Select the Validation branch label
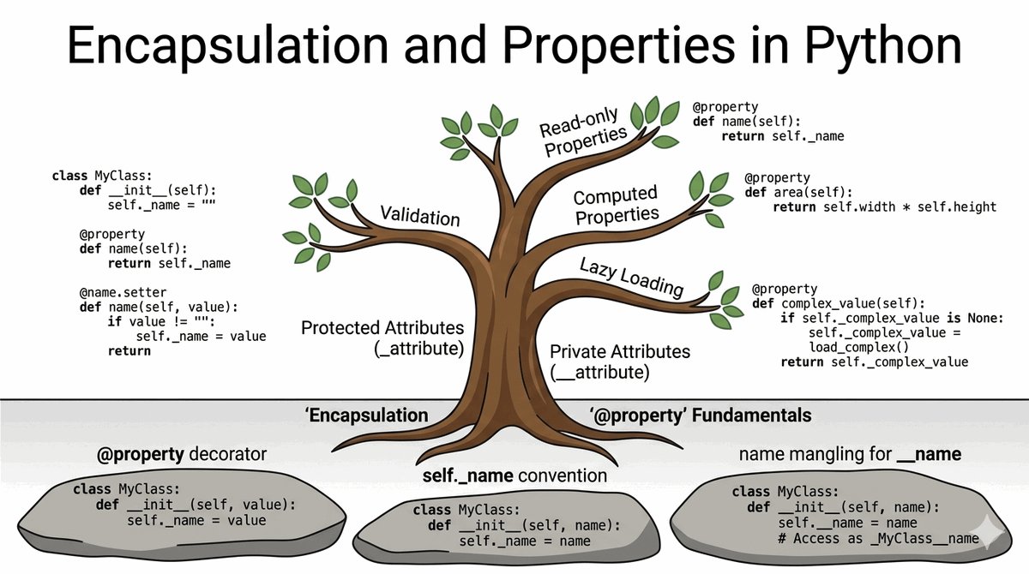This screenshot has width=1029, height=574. click(x=419, y=215)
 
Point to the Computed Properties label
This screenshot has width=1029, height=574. click(x=616, y=205)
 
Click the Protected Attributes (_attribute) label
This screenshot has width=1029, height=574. click(x=382, y=338)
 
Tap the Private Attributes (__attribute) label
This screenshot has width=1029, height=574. click(x=619, y=362)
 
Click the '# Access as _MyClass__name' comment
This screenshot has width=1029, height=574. click(x=878, y=538)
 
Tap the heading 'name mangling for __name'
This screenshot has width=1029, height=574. click(x=850, y=453)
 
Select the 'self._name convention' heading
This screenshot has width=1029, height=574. click(x=514, y=475)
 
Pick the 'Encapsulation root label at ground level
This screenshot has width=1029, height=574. click(x=366, y=416)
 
